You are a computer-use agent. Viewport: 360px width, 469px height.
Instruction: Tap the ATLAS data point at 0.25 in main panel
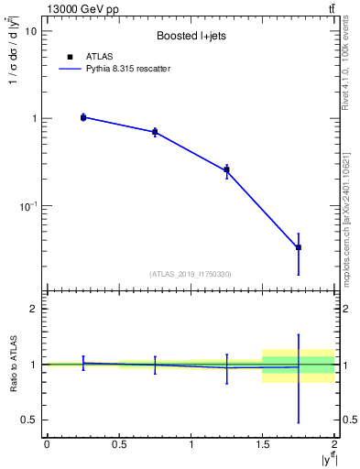83,117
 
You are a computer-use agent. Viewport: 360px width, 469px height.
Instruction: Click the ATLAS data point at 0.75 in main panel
155,132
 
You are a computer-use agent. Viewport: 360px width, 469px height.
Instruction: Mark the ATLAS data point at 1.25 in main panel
226,169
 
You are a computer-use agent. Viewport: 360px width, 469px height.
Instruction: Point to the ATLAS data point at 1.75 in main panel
299,247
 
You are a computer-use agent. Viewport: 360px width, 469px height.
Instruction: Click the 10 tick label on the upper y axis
31,31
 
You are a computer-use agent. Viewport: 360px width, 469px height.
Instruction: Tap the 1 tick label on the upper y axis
34,119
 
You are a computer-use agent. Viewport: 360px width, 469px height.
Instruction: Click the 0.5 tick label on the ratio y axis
30,420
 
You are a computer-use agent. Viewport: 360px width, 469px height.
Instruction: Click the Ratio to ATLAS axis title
12,365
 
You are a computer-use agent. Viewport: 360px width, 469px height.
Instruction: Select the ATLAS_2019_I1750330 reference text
190,274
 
